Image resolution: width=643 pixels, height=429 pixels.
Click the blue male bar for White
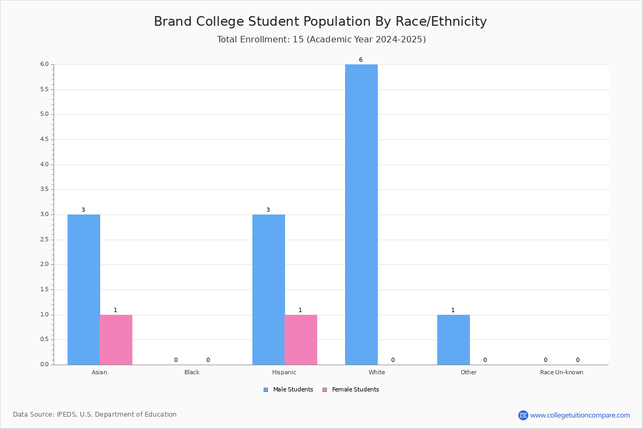[x=361, y=214]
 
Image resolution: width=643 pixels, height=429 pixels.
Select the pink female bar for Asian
[x=116, y=340]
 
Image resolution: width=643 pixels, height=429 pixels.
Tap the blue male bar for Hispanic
[x=268, y=290]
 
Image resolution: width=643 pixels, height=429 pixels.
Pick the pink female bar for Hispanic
[x=301, y=340]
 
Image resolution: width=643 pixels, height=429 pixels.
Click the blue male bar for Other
[x=453, y=340]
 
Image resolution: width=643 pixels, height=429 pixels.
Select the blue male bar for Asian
[x=84, y=290]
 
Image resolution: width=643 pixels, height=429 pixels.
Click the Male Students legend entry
[x=288, y=390]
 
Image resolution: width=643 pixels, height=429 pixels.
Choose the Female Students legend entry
[x=351, y=390]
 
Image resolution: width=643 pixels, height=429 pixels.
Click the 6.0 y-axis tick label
[x=44, y=64]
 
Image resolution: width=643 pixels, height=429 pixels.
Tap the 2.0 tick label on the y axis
[x=44, y=264]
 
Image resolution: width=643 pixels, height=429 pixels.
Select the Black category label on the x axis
[x=192, y=372]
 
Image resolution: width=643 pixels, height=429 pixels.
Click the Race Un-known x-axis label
[x=562, y=372]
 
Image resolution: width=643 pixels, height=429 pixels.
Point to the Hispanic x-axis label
[x=284, y=372]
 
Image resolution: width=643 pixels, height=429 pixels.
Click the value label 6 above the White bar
[x=361, y=60]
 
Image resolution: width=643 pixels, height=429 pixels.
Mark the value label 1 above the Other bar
[x=453, y=310]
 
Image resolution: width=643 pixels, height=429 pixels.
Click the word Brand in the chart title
[x=173, y=21]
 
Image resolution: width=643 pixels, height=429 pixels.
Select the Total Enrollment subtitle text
[x=321, y=39]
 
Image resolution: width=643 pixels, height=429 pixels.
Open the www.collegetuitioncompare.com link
[x=580, y=415]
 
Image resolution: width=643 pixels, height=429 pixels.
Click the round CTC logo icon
[x=523, y=415]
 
